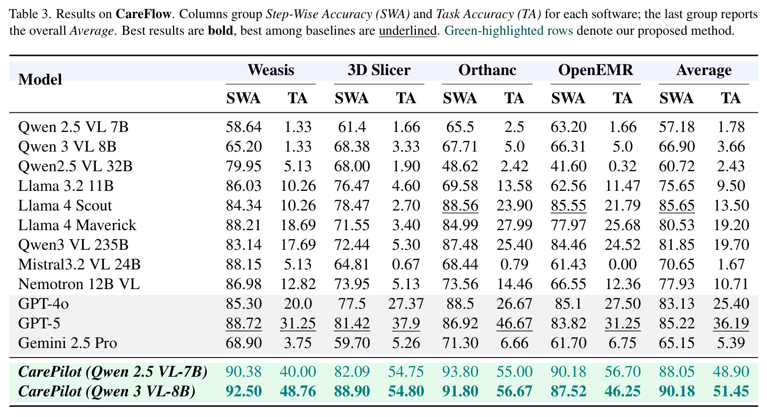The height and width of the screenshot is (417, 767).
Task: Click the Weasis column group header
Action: click(x=271, y=70)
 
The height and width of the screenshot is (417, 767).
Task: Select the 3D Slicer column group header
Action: click(x=379, y=70)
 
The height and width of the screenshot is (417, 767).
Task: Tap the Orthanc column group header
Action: click(x=487, y=70)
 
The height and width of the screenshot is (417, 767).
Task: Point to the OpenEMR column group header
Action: click(x=596, y=70)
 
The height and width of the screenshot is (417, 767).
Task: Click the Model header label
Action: click(x=40, y=80)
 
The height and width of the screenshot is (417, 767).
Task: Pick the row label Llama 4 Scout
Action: click(x=65, y=205)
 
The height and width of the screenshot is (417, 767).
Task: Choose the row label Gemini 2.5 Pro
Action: click(x=68, y=343)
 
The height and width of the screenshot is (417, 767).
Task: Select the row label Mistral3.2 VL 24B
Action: click(x=79, y=264)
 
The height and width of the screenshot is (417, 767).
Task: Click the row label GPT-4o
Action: click(x=43, y=304)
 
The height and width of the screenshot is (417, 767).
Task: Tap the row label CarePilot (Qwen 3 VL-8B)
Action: click(x=106, y=391)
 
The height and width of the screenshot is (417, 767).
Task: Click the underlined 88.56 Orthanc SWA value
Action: click(x=460, y=206)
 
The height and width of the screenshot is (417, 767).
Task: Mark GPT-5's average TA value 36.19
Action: click(x=731, y=324)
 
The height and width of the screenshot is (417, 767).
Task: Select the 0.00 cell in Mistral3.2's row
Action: click(x=622, y=264)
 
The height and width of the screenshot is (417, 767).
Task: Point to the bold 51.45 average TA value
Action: click(x=731, y=391)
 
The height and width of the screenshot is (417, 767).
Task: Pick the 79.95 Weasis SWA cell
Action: click(x=244, y=166)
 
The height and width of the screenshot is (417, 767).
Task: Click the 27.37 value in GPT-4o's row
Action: click(x=406, y=304)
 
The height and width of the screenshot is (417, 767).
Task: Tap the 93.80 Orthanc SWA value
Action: click(x=460, y=372)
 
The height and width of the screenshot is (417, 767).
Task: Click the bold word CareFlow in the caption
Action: click(x=143, y=14)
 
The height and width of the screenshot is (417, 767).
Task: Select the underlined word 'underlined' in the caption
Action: click(x=408, y=31)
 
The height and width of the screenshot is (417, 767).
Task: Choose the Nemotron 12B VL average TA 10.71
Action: click(x=731, y=284)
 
